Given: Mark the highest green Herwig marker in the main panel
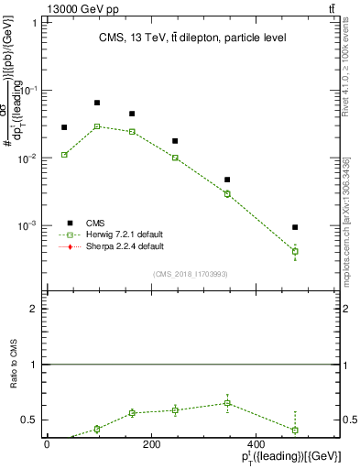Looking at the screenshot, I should pos(97,126).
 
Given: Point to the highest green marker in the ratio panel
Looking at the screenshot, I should pos(227,403).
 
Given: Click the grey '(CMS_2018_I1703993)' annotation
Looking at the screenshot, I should pos(191,272).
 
